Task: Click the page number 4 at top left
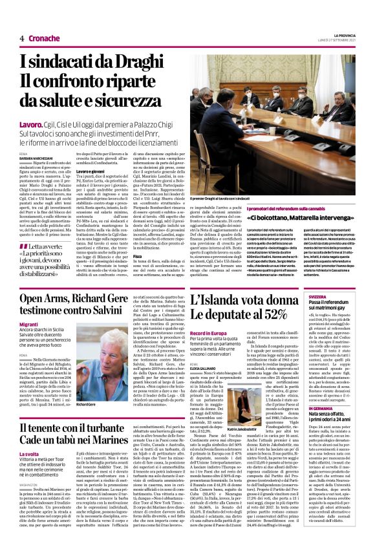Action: pyautogui.click(x=22, y=38)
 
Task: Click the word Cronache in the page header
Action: pyautogui.click(x=45, y=38)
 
